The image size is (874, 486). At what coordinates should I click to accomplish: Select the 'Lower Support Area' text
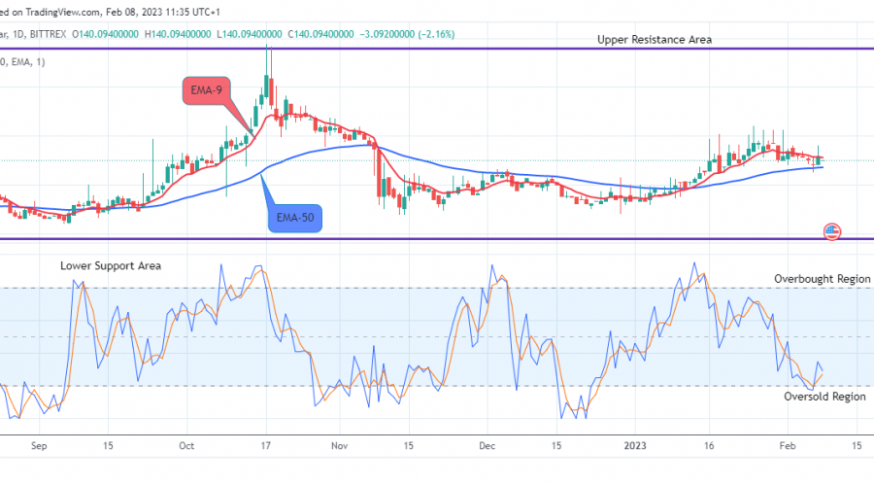pos(111,265)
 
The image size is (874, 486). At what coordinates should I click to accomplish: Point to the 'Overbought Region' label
pos(822,279)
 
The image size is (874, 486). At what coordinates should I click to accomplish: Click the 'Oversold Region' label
pos(824,397)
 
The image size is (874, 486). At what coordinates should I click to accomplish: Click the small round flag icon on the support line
pos(832,231)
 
